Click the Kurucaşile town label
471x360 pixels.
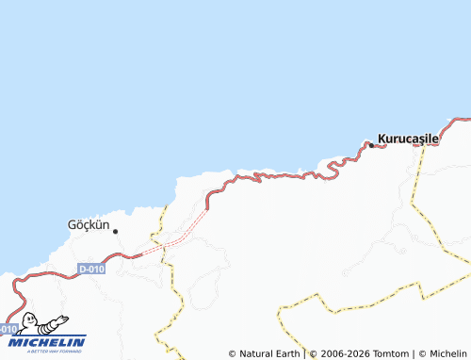click(x=409, y=138)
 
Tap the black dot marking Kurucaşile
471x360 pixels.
click(x=371, y=144)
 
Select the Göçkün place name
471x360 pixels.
click(x=89, y=225)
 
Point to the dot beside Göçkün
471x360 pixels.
click(x=116, y=231)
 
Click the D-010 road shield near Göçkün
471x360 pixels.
click(x=91, y=269)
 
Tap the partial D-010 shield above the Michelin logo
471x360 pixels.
click(x=8, y=329)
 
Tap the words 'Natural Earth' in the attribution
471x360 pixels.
click(x=269, y=353)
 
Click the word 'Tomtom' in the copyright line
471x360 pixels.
click(x=387, y=353)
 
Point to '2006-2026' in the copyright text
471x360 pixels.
click(x=343, y=353)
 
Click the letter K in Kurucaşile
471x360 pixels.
click(x=382, y=138)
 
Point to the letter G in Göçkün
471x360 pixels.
click(x=73, y=225)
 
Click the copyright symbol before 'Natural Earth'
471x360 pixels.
click(x=232, y=353)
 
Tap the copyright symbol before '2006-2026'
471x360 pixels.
click(x=314, y=353)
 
